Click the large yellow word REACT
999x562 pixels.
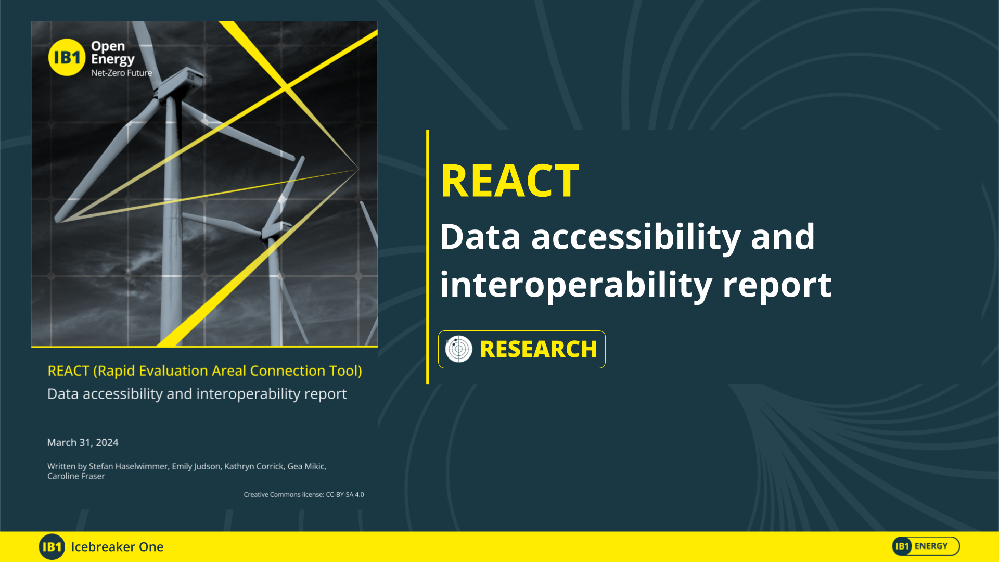(509, 181)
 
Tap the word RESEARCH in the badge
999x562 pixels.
(538, 349)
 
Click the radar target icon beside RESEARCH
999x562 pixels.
(458, 349)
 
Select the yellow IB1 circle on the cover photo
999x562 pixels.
(67, 57)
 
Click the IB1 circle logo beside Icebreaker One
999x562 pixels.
(52, 547)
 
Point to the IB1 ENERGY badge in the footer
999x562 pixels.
(926, 546)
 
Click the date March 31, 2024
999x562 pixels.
(83, 442)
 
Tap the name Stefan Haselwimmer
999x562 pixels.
(128, 466)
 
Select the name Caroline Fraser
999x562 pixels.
(76, 476)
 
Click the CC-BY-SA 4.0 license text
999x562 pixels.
(344, 494)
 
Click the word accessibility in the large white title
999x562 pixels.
(636, 237)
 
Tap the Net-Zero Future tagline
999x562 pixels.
(121, 73)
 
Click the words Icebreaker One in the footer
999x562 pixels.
(117, 547)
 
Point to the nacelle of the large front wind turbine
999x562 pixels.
(180, 83)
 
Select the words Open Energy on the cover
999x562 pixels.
(112, 53)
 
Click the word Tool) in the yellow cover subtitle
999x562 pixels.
(345, 371)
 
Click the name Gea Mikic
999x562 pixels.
(306, 466)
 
